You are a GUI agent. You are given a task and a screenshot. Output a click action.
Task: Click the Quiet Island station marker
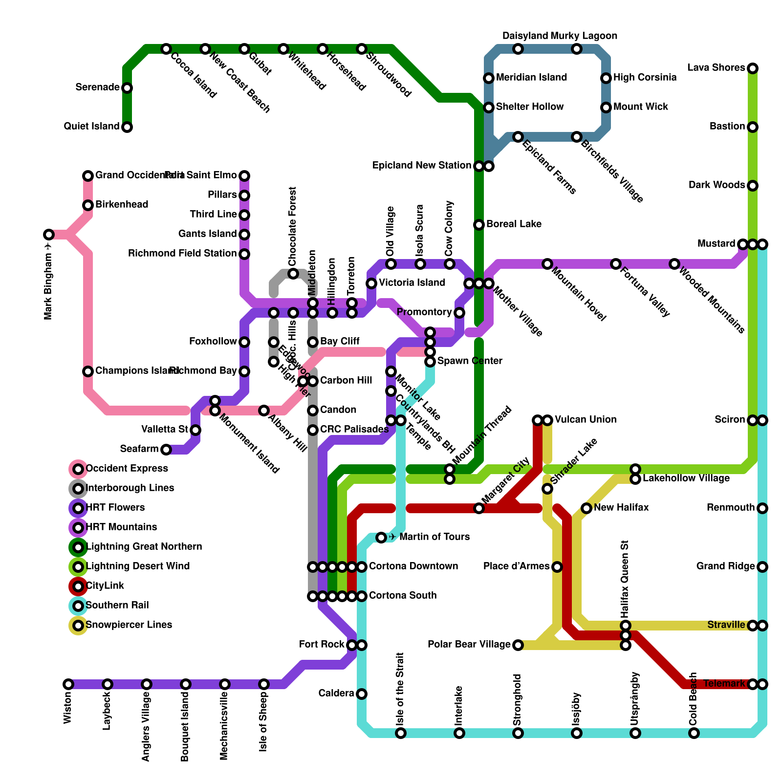(127, 127)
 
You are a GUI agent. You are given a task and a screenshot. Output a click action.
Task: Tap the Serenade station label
(97, 87)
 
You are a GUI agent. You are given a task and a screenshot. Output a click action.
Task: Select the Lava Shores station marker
(753, 68)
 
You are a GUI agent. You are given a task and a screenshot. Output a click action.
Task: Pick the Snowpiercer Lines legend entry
(129, 625)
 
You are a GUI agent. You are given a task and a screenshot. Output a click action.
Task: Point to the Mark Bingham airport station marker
(48, 235)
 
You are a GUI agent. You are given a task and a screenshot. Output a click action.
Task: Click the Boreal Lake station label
(514, 224)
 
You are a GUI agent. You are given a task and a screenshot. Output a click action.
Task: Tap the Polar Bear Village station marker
(518, 645)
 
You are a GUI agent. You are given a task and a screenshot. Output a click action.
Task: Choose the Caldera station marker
(362, 694)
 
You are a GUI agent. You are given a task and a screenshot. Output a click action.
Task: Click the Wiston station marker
(68, 684)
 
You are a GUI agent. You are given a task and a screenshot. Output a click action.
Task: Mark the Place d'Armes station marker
(557, 567)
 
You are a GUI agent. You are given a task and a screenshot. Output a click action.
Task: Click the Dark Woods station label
(717, 185)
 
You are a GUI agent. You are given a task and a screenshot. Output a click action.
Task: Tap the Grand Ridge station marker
(762, 567)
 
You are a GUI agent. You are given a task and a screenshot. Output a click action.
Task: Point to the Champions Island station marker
(88, 371)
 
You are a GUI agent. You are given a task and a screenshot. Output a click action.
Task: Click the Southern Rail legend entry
(117, 606)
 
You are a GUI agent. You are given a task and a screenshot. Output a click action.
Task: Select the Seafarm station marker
(166, 450)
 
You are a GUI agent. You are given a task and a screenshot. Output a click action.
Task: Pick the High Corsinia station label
(645, 78)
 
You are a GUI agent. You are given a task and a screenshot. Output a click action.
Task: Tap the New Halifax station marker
(586, 508)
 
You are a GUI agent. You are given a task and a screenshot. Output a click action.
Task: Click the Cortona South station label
(403, 596)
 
